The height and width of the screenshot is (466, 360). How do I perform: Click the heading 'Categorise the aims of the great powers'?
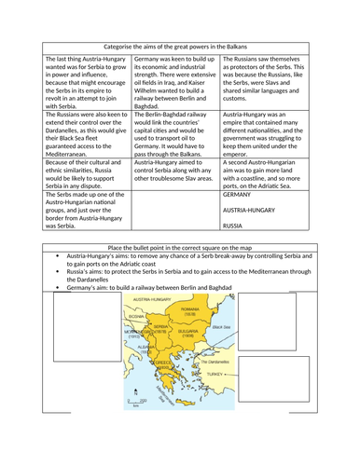pos(179,44)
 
